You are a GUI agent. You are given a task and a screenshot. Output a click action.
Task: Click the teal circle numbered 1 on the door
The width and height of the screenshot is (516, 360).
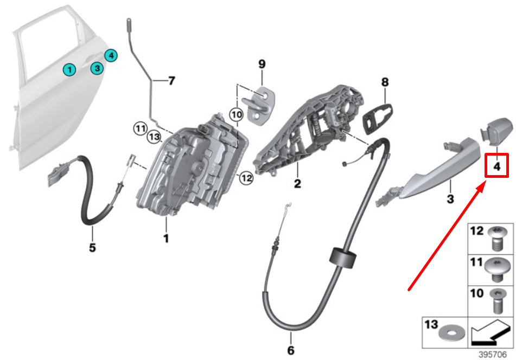69,69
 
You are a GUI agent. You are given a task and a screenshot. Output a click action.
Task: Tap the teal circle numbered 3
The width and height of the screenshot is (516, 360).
97,68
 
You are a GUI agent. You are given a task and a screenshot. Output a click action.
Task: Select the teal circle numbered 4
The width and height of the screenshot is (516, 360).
111,55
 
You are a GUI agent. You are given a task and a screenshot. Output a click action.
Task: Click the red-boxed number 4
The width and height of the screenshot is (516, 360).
497,166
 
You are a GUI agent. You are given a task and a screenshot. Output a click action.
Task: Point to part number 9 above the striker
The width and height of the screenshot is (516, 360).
262,64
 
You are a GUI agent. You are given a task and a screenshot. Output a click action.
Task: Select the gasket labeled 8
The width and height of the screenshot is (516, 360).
378,118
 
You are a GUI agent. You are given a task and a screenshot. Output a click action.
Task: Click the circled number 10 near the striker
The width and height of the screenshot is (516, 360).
236,115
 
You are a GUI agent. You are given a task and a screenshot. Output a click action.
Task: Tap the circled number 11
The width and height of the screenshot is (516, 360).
141,128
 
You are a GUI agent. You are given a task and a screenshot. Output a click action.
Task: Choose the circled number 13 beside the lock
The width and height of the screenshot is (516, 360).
154,137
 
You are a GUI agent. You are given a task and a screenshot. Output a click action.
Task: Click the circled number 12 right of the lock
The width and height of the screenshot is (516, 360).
246,178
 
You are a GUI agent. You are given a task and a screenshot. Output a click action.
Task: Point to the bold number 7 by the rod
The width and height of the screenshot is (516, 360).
171,81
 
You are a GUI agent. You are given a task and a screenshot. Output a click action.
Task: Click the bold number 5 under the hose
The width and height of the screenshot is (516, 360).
92,247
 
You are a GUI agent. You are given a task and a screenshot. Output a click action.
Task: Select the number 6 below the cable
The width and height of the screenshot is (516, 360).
291,350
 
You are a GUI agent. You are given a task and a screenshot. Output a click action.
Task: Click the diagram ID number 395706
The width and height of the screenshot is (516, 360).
493,355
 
